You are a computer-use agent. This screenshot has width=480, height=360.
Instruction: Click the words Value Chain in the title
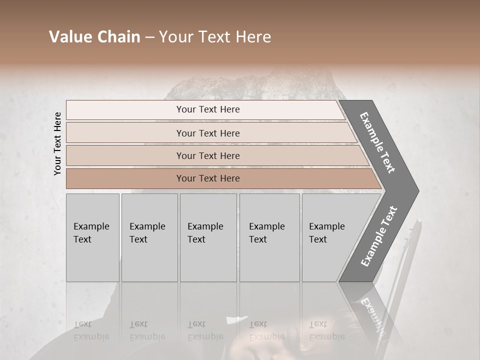[94, 37]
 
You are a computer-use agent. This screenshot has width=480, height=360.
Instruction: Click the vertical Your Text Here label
[57, 143]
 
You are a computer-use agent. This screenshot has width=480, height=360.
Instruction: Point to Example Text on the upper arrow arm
[377, 142]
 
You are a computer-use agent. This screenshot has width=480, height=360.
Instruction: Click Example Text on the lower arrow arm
[378, 236]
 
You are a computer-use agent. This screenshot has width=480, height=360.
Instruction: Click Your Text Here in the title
[215, 37]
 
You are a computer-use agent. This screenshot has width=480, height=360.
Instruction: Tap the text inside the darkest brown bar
[208, 178]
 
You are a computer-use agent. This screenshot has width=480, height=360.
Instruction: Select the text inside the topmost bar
[208, 109]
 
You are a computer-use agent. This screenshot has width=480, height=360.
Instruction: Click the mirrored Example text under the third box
[205, 336]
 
